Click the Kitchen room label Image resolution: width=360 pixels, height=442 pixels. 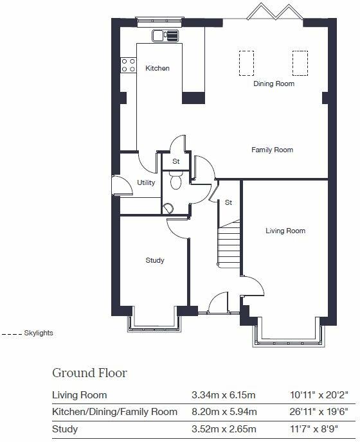[157, 68]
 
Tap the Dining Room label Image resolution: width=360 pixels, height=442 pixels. [274, 84]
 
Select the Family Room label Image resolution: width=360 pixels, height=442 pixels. [272, 150]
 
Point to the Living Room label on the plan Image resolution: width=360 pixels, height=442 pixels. [285, 231]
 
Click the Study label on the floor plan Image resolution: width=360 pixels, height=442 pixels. [155, 260]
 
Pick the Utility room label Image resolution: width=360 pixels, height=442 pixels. [147, 182]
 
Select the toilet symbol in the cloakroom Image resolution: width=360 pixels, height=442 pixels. [176, 181]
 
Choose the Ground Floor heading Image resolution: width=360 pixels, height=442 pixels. [89, 373]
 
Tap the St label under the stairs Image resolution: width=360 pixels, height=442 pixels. [228, 202]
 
